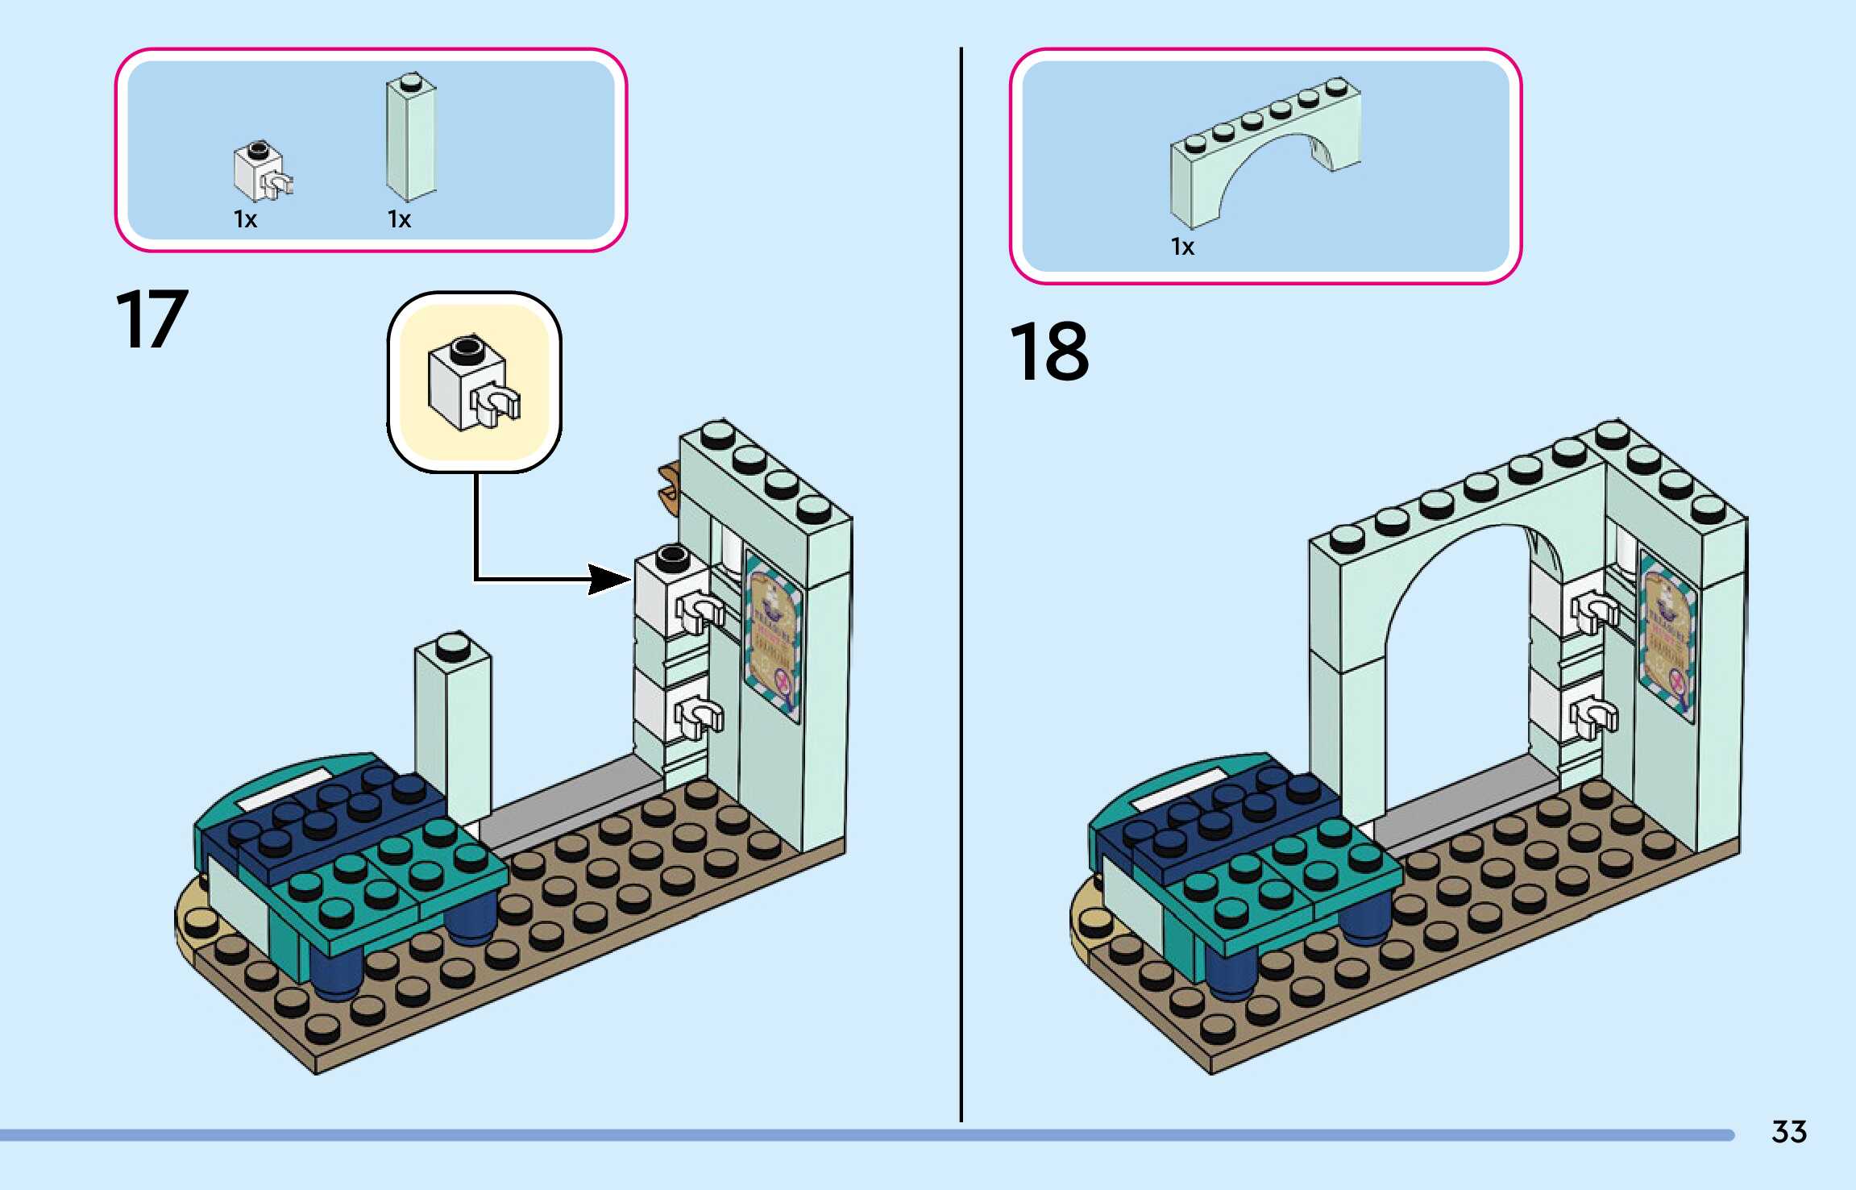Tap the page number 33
[1788, 1132]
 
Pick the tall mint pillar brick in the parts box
[411, 137]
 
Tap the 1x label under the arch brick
[1182, 247]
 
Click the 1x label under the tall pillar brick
[399, 219]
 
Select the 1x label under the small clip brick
[245, 219]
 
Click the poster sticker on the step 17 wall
[773, 637]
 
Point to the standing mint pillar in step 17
[453, 726]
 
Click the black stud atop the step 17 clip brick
[672, 555]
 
